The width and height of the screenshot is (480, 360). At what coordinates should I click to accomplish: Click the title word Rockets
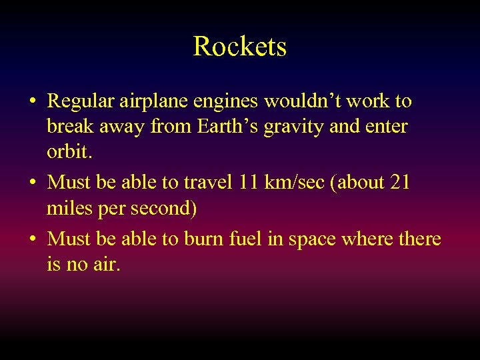click(x=240, y=47)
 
